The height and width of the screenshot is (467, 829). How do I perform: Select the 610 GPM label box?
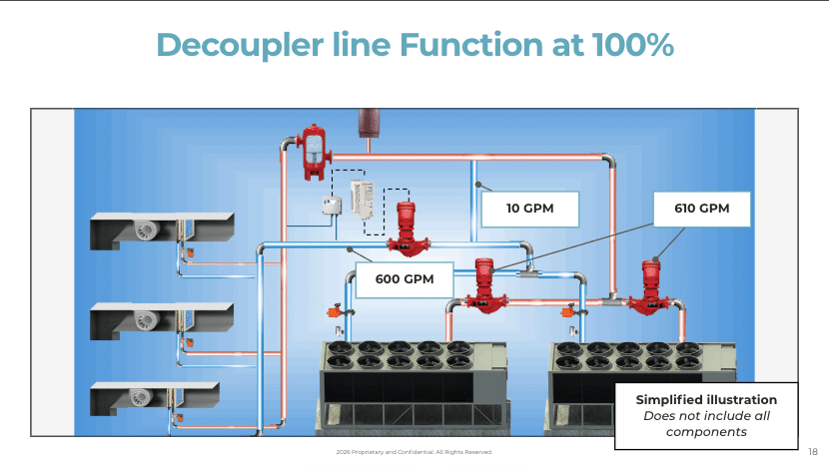pos(700,209)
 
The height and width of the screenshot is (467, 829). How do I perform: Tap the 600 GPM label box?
pos(405,279)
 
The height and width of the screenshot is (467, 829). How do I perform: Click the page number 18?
pos(812,451)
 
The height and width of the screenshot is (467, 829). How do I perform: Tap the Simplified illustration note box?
pos(706,414)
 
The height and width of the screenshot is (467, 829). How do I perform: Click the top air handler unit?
pos(160,231)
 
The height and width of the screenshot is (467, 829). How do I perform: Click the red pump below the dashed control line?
pos(407,228)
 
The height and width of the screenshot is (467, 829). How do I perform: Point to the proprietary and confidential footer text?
pos(414,452)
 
